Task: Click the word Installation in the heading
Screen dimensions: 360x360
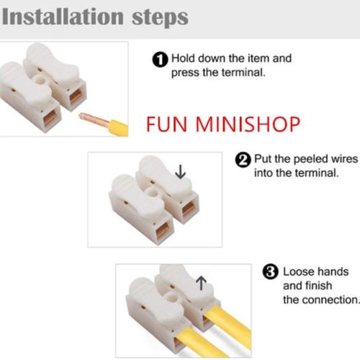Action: click(63, 17)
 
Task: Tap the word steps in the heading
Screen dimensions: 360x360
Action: click(160, 19)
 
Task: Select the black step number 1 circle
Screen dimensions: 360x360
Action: click(160, 60)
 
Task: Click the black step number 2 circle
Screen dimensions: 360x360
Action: click(243, 161)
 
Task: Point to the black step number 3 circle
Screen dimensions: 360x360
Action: click(271, 272)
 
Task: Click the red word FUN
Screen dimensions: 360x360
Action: click(166, 125)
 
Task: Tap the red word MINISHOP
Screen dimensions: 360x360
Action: click(248, 125)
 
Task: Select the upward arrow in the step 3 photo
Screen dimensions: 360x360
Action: click(201, 283)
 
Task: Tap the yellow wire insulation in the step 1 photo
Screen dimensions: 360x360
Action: click(118, 128)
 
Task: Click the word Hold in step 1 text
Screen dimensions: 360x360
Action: click(183, 58)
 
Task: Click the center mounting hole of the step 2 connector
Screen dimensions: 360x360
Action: click(152, 192)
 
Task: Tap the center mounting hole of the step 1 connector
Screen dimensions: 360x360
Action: click(39, 79)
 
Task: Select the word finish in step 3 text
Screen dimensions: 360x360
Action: click(318, 286)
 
